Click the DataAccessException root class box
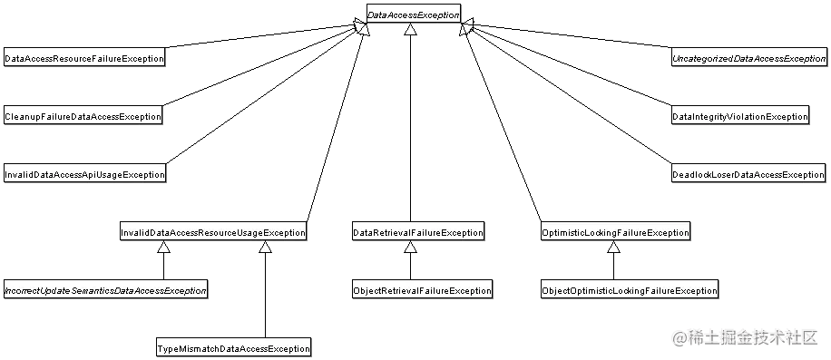(x=414, y=15)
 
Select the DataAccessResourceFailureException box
(x=84, y=58)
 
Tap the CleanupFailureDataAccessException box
(x=83, y=116)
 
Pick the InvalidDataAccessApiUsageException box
(x=84, y=174)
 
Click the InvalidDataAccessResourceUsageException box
(x=212, y=233)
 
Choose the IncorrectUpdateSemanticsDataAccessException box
(x=105, y=291)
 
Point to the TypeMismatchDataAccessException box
(x=232, y=348)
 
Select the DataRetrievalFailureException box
(x=417, y=233)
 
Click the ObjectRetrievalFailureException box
(x=421, y=291)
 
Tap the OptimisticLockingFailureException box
(x=614, y=233)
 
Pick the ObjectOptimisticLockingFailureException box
(x=629, y=291)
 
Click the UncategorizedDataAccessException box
(x=748, y=58)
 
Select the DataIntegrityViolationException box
(x=739, y=116)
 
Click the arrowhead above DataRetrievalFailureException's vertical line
(x=410, y=31)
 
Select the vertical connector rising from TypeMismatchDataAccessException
(x=265, y=299)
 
